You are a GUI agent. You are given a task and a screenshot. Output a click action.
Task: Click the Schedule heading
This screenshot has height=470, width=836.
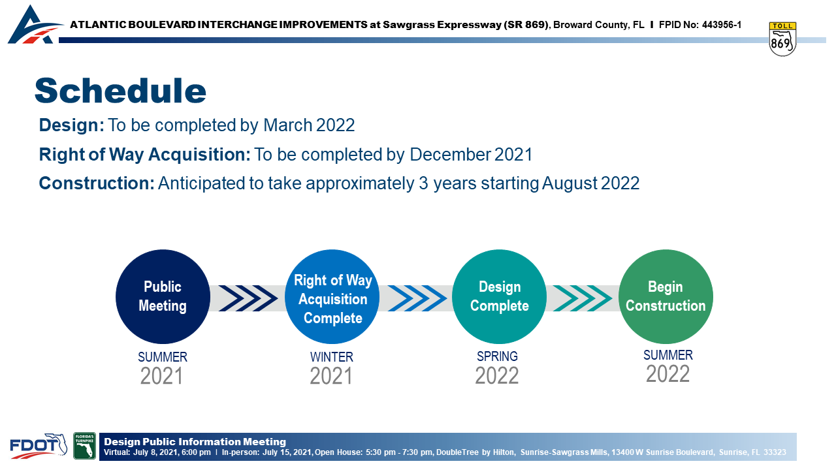click(120, 91)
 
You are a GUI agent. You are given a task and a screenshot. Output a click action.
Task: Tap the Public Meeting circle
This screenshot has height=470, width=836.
click(163, 296)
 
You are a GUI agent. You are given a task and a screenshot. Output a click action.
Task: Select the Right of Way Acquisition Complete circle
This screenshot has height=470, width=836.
click(332, 296)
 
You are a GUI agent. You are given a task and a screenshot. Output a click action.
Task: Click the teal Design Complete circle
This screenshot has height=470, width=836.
click(499, 296)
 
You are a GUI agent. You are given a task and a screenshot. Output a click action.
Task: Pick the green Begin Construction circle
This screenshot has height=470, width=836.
click(666, 296)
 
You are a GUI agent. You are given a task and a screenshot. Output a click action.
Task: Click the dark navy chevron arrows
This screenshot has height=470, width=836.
click(248, 298)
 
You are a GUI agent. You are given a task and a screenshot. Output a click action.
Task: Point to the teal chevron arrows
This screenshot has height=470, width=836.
click(582, 298)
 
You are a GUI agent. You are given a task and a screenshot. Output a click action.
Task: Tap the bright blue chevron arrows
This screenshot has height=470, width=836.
click(417, 298)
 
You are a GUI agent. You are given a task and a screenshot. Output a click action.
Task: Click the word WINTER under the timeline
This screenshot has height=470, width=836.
click(331, 357)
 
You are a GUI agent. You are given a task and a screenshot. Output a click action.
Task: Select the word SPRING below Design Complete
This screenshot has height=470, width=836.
click(497, 356)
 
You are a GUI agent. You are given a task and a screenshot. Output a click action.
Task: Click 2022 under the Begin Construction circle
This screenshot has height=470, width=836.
click(667, 374)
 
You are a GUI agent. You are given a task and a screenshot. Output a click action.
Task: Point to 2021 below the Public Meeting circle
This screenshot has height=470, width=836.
click(161, 376)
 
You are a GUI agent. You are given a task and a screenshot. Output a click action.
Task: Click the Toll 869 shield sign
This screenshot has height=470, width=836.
click(782, 39)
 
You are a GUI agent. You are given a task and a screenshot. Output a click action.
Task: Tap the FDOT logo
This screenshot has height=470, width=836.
click(39, 446)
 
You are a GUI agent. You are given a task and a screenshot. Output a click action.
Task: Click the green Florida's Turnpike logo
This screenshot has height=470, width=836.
click(84, 446)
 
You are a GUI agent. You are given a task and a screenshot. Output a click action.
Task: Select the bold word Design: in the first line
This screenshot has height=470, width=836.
click(72, 125)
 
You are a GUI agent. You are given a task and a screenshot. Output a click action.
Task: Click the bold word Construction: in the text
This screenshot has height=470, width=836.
click(97, 183)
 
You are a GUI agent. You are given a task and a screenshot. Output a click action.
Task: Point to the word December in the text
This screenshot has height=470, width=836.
click(450, 155)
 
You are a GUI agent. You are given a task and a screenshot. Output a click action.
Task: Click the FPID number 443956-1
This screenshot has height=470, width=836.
click(722, 25)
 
